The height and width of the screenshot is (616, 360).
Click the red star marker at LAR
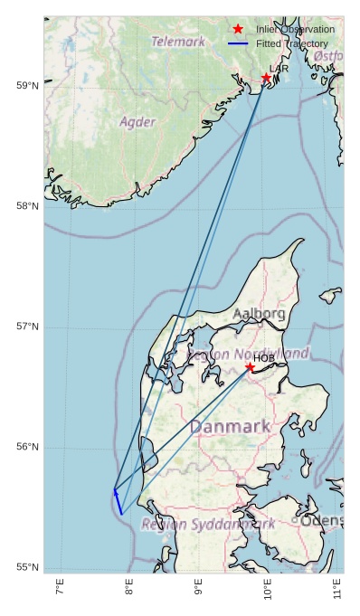coord(267,79)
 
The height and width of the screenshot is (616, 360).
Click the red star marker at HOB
coord(250,367)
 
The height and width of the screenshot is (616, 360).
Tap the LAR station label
coord(279,69)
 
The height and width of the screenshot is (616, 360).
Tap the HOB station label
coord(263,358)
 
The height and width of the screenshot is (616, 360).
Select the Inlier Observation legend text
coord(295,30)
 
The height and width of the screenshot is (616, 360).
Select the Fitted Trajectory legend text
coord(292,43)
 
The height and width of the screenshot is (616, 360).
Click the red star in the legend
coord(238,30)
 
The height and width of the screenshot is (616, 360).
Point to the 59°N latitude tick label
coord(28,86)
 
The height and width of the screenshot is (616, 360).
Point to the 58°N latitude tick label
coord(28,206)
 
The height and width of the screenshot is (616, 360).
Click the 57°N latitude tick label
coord(28,327)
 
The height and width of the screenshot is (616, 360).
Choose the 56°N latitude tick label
coord(28,447)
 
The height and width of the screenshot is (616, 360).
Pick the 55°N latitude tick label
coord(28,567)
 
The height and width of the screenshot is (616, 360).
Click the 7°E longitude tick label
coord(60,589)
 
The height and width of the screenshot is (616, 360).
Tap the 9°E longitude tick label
coord(198,589)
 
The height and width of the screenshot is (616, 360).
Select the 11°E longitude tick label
coord(336,589)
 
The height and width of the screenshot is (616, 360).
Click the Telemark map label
coord(178,42)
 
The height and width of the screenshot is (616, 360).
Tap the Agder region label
coord(137,121)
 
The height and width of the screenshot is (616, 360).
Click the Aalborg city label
coord(259,314)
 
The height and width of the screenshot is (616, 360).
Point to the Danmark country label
coord(230,426)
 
